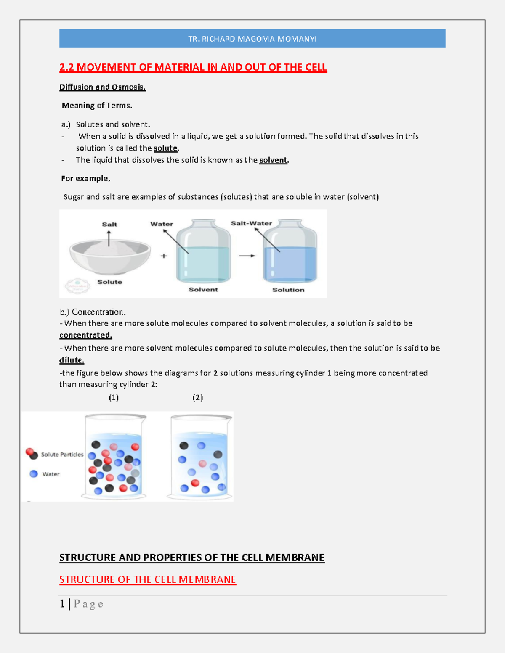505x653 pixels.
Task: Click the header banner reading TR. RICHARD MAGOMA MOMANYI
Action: [252, 39]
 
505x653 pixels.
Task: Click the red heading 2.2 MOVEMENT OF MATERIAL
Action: [193, 67]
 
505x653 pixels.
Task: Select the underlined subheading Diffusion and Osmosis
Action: [102, 87]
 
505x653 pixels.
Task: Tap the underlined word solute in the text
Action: [165, 148]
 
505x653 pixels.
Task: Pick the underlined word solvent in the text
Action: [273, 160]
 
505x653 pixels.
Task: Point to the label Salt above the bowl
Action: [109, 224]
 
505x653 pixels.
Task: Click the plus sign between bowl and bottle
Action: [164, 256]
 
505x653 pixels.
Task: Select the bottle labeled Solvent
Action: [203, 252]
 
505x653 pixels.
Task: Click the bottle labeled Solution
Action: [290, 252]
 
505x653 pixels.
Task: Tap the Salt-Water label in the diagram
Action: [251, 223]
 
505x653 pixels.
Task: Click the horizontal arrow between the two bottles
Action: [247, 256]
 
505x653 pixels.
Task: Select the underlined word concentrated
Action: [85, 335]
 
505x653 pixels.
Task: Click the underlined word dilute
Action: [72, 360]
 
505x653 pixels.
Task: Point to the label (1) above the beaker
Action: [114, 397]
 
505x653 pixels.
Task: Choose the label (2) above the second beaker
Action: [198, 397]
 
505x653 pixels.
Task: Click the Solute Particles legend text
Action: [62, 455]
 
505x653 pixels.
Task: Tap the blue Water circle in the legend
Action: [34, 474]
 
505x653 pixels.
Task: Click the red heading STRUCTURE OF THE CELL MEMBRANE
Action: [147, 579]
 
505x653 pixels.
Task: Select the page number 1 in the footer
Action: [62, 604]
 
